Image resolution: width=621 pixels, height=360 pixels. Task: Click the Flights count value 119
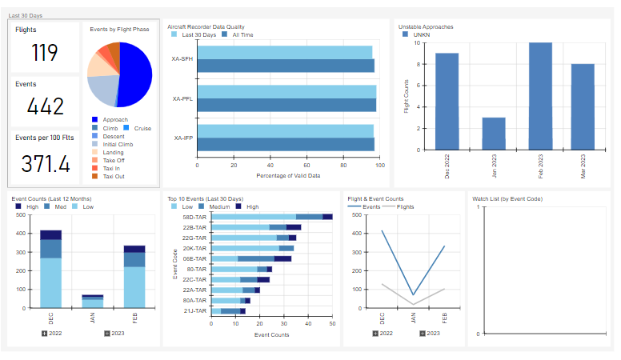tap(45, 53)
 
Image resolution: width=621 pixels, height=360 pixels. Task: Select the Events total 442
tap(45, 106)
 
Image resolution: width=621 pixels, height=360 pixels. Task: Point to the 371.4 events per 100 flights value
tap(45, 164)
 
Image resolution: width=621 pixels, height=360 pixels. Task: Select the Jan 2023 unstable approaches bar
tap(494, 133)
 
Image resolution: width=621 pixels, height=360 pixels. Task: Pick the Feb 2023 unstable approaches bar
tap(540, 96)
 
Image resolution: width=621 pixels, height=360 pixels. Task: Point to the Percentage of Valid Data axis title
tap(288, 175)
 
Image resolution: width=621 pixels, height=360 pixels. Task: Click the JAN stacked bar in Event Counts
tap(93, 302)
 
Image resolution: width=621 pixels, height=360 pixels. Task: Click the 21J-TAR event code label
tap(194, 310)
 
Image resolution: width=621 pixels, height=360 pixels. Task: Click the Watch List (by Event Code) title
tap(507, 198)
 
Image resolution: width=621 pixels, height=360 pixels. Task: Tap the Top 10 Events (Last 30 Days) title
tap(205, 198)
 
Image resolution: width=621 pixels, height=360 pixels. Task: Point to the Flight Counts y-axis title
tap(406, 96)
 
